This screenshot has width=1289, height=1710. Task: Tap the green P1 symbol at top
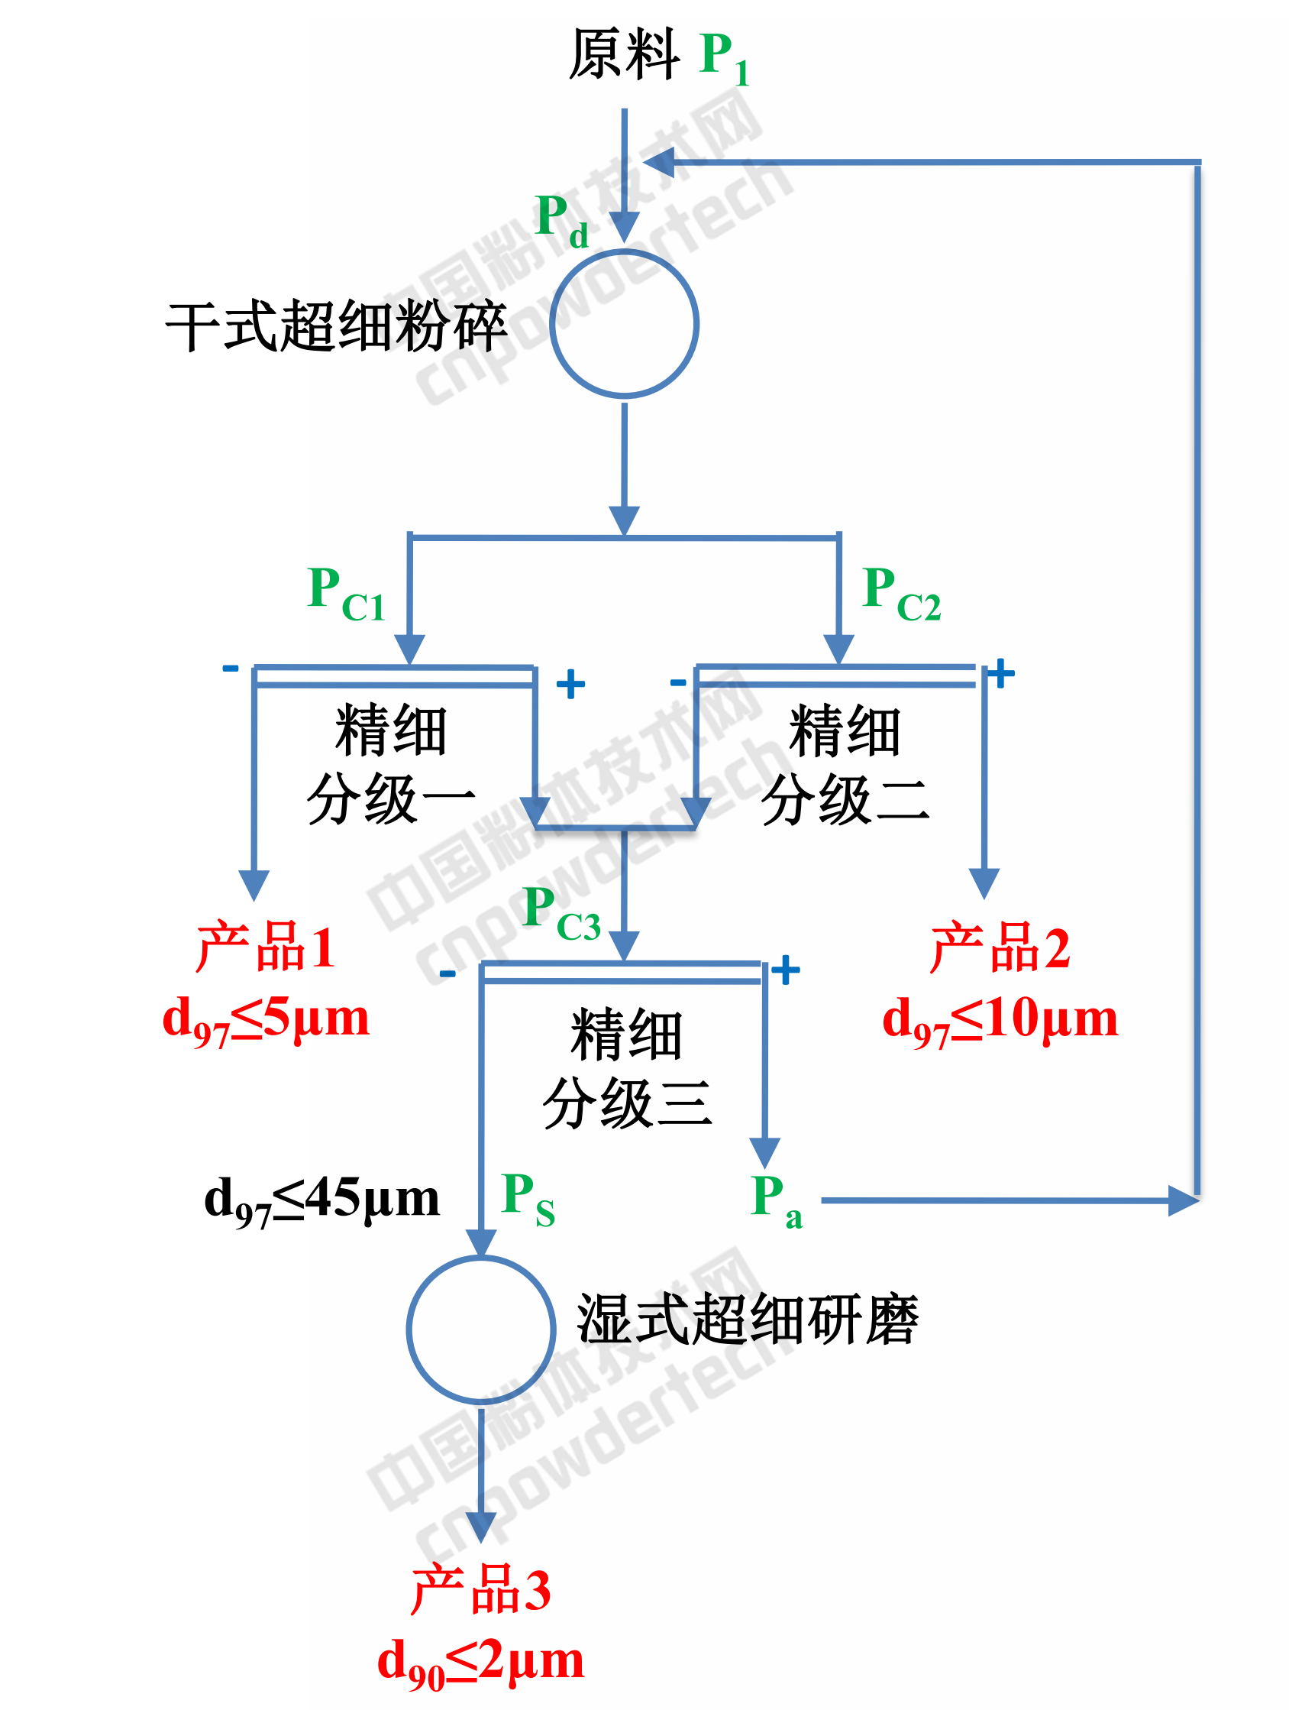(723, 58)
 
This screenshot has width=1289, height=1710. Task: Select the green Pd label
(561, 219)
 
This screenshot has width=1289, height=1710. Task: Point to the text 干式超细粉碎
(336, 326)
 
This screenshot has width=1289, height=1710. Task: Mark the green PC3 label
(561, 914)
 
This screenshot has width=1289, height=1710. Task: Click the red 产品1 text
(265, 946)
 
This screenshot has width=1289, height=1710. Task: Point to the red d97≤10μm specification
(1000, 1019)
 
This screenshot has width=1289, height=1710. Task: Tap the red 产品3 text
(480, 1589)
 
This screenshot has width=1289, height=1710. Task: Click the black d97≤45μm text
(321, 1200)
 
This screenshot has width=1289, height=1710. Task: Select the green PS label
(528, 1198)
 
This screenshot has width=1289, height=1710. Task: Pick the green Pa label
(776, 1200)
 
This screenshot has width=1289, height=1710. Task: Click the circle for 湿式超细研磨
(480, 1329)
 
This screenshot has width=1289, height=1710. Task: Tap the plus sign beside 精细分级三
(785, 970)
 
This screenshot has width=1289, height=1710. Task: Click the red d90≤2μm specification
(480, 1662)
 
